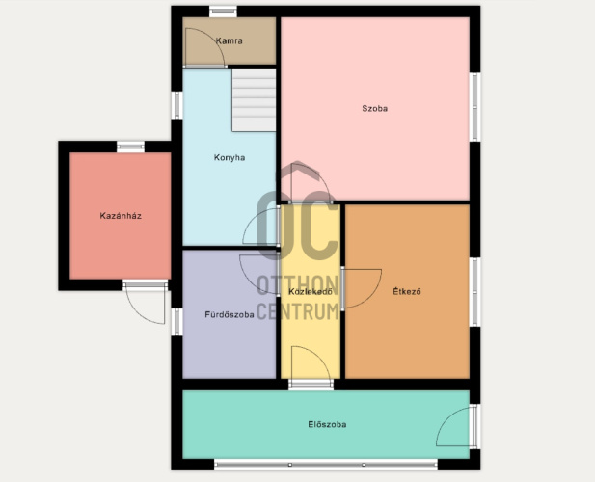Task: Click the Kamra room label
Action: [229, 40]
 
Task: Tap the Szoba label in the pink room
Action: [374, 109]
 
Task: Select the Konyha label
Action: [230, 157]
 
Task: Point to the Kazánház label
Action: [121, 216]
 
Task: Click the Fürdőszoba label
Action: [230, 314]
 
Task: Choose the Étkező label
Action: [407, 292]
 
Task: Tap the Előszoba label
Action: [327, 424]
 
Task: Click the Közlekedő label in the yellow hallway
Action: [311, 292]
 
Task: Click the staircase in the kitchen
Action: [254, 100]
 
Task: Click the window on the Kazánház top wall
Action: [130, 147]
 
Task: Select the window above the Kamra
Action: [223, 12]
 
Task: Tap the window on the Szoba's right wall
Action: [475, 107]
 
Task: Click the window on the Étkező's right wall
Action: [475, 292]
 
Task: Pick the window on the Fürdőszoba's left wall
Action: [176, 322]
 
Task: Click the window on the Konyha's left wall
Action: [176, 105]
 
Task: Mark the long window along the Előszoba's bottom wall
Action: [326, 465]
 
